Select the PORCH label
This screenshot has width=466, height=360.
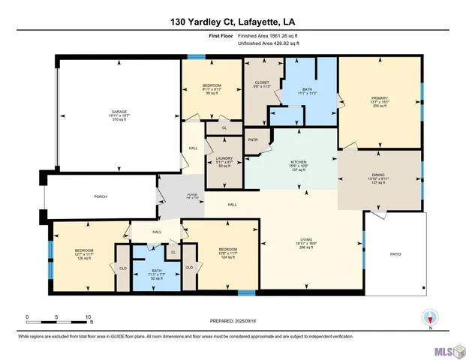[99, 197]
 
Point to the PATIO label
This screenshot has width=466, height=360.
[395, 254]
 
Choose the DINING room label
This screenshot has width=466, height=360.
[379, 177]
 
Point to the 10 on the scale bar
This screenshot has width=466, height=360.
[89, 317]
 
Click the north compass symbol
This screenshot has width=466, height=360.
[431, 318]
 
